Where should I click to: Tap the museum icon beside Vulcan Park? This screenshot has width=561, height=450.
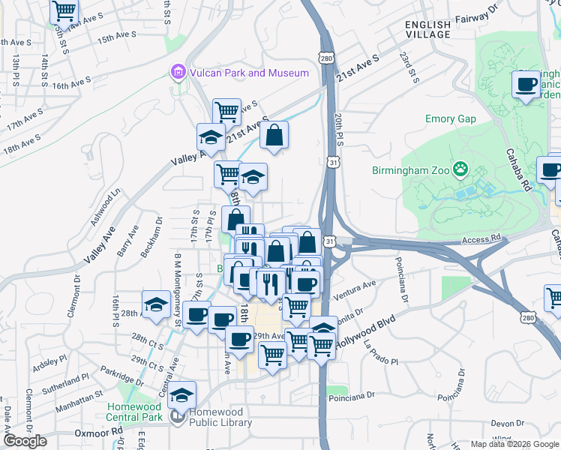pos(178,73)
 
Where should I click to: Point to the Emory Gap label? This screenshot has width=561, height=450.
pos(450,118)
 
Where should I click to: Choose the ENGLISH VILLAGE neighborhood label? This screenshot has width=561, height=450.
pos(427,29)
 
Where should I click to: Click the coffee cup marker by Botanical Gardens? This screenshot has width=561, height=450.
pos(526,83)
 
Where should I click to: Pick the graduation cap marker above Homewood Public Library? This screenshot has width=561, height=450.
pos(181,394)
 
